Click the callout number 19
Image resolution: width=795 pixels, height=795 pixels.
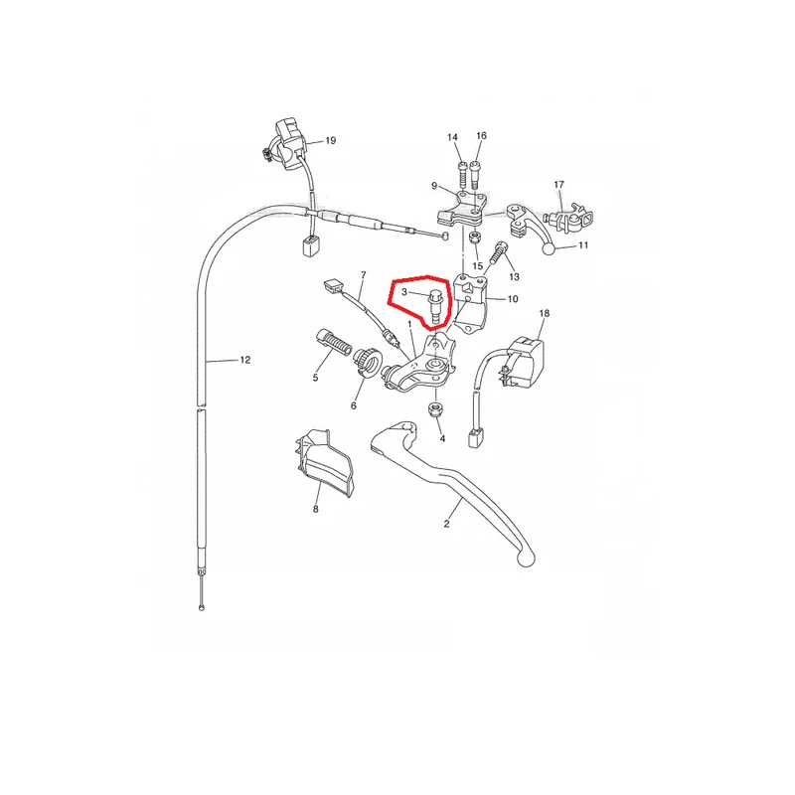click(331, 140)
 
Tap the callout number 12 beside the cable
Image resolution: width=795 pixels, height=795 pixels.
click(245, 360)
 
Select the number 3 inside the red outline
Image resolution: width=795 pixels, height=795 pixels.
click(404, 292)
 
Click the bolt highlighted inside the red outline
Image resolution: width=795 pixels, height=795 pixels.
click(435, 306)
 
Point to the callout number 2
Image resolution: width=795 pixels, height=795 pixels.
click(446, 524)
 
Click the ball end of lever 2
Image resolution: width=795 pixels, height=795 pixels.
click(526, 558)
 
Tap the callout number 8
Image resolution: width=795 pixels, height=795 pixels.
click(315, 509)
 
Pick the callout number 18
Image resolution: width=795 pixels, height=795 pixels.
click(544, 313)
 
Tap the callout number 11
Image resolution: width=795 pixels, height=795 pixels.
click(583, 245)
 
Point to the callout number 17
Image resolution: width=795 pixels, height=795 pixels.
click(558, 185)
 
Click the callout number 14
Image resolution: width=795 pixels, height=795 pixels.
click(453, 137)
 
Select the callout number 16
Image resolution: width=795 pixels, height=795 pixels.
click(482, 135)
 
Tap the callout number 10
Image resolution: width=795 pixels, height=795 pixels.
click(513, 299)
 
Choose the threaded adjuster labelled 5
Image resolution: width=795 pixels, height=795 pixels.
click(334, 343)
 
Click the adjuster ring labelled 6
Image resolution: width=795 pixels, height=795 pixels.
click(368, 361)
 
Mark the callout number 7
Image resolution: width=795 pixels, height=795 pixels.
click(363, 275)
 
